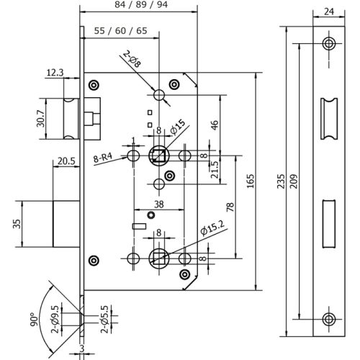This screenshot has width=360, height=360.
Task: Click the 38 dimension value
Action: point(158,204)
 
